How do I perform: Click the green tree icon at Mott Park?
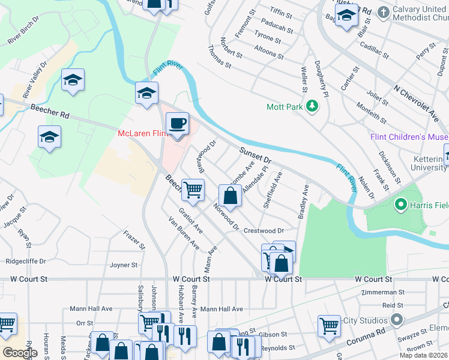coord(312,107)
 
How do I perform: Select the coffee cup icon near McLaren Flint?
coord(176,124)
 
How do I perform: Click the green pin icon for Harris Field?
coord(401,205)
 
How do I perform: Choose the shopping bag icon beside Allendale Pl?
coord(231,196)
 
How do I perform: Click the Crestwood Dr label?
coord(263,230)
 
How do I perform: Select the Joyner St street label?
coord(124,265)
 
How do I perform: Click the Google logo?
coord(20,353)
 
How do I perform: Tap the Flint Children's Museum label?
coord(409,137)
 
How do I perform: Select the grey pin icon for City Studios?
coord(397,320)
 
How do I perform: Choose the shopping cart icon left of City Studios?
coord(330,326)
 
